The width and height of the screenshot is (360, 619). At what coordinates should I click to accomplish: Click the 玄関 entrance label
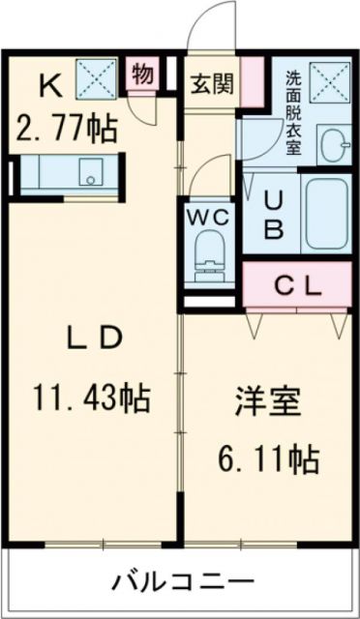click(x=211, y=85)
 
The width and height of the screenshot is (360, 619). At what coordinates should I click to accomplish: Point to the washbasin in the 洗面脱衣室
click(x=334, y=144)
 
